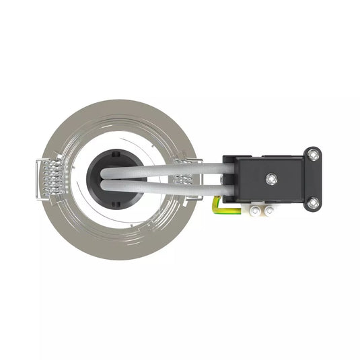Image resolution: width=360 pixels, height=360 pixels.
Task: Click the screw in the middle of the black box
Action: (x=270, y=178)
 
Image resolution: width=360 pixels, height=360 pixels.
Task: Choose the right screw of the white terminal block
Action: (x=270, y=212)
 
